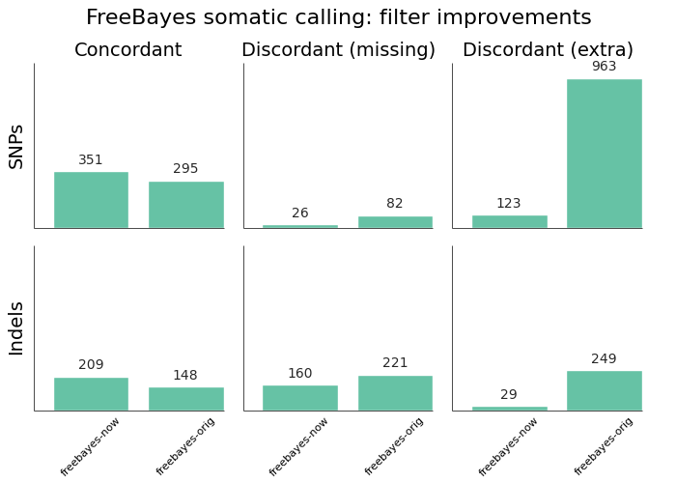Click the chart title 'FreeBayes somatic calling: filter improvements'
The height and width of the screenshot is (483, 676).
(338, 17)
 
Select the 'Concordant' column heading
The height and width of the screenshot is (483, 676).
(127, 50)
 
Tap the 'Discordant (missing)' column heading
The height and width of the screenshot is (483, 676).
(338, 50)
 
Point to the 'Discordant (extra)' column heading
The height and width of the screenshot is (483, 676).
(548, 50)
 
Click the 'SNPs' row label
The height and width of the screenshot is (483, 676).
(16, 146)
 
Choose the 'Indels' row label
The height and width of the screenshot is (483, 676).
(16, 327)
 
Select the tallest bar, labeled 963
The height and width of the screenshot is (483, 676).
(604, 154)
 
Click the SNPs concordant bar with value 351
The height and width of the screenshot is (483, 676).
(91, 200)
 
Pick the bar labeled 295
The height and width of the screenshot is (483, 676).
(185, 205)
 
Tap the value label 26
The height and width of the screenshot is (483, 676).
(299, 213)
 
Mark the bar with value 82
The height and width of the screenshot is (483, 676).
(395, 222)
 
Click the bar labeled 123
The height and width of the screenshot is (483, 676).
(509, 221)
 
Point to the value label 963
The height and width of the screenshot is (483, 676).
(604, 67)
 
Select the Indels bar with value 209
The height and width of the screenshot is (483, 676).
(91, 394)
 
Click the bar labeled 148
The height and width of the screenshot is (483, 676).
(185, 399)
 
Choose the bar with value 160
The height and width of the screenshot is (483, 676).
(299, 398)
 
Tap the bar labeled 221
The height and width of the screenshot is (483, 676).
(395, 393)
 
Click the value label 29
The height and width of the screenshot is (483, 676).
(509, 394)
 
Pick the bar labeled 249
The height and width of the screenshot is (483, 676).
(604, 390)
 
